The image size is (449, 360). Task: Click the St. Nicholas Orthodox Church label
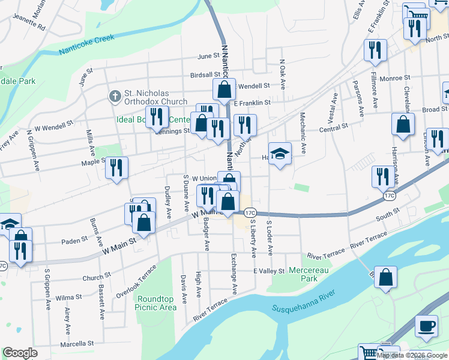[x=155, y=97]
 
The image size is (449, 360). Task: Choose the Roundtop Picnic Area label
[x=157, y=303]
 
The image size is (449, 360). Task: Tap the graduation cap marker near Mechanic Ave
[x=280, y=154]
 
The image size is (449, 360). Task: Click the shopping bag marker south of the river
[x=387, y=277]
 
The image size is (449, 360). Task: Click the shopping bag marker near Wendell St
[x=224, y=89]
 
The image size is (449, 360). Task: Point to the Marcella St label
[x=76, y=344]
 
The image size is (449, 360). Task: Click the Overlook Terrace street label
[x=139, y=290]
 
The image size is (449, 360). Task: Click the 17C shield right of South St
[x=389, y=196]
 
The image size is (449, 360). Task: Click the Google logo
[x=20, y=353]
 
